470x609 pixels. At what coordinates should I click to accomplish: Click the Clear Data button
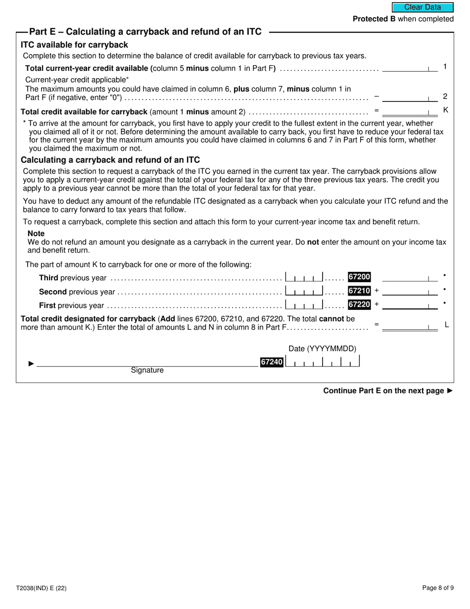(x=423, y=7)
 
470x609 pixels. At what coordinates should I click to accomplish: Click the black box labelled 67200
(x=359, y=277)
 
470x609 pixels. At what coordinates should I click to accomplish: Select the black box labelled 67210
(x=359, y=291)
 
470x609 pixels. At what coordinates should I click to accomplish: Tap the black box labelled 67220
(x=359, y=304)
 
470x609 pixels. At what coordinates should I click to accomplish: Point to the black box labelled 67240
(x=272, y=362)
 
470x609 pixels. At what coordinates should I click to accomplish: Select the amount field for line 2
(x=410, y=97)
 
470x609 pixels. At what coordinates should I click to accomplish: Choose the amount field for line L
(x=410, y=326)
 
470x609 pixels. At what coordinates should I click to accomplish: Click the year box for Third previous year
(x=304, y=277)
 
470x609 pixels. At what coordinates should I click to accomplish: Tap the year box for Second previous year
(x=304, y=291)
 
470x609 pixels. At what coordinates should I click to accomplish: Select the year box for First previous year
(x=304, y=304)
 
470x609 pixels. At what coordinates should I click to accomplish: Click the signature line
(x=147, y=363)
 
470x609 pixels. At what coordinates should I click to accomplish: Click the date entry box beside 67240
(x=323, y=362)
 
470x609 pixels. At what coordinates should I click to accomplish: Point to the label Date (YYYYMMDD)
(x=322, y=349)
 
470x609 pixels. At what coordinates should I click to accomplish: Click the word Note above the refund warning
(x=36, y=233)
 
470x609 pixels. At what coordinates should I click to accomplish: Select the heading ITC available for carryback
(x=74, y=45)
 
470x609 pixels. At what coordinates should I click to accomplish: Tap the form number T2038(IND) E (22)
(x=41, y=588)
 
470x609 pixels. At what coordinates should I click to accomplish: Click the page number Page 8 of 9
(x=438, y=588)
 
